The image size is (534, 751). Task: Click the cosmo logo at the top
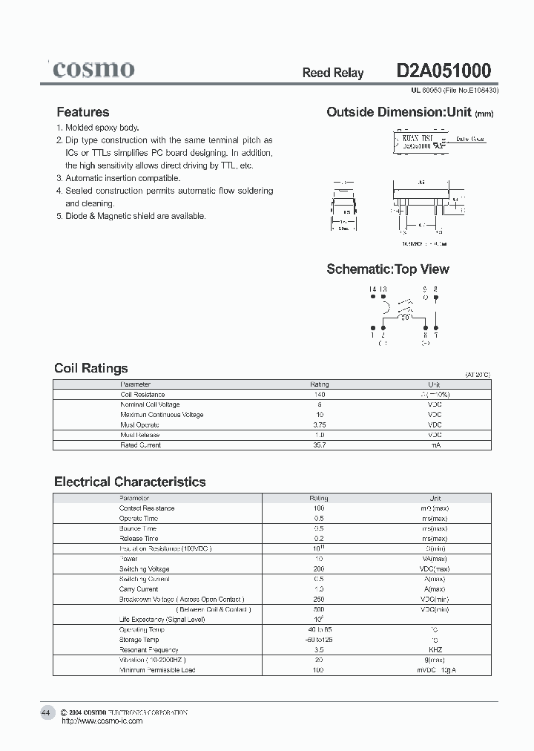93,70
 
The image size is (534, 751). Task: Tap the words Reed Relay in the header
333,73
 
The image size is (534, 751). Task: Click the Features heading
83,112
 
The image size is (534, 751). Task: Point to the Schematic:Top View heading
388,269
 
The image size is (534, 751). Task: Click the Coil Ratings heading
91,368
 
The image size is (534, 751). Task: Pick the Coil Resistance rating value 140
320,395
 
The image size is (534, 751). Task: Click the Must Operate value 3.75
320,424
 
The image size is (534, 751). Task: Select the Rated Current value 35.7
320,445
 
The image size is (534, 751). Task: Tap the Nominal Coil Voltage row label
151,404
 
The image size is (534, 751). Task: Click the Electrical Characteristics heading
130,482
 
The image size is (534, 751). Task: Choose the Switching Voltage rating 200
320,569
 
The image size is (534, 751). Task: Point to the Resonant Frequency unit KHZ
435,649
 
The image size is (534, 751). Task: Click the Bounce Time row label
139,528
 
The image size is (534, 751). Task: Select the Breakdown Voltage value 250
320,599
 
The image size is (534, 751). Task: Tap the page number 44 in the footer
46,712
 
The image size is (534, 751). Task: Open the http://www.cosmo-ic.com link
102,721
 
